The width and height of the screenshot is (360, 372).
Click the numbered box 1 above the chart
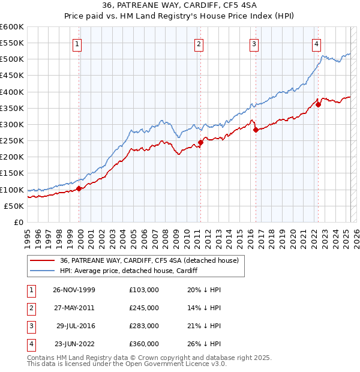click(79, 43)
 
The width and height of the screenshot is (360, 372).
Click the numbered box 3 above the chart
click(254, 43)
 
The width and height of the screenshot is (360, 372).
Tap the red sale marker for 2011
click(200, 142)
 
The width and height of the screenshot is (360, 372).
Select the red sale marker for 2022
click(318, 104)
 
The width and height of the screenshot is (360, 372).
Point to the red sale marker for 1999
click(79, 188)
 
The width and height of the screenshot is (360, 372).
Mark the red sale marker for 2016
click(256, 130)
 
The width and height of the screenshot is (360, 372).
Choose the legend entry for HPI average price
click(129, 271)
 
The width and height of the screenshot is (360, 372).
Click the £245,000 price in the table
click(143, 308)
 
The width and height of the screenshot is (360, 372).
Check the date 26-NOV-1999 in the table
click(74, 290)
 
